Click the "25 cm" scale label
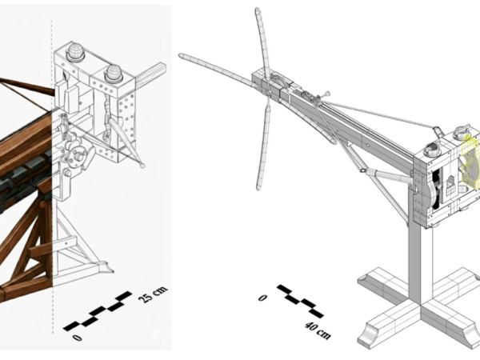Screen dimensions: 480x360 coord(153,294)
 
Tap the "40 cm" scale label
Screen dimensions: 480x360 coord(318,330)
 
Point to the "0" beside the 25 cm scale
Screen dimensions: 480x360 coord(78,338)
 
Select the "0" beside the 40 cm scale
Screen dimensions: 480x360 coord(262,298)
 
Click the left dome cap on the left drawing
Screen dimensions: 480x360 coord(76,52)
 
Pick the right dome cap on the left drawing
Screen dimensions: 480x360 coord(114,74)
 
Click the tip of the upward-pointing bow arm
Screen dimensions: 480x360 coord(258,9)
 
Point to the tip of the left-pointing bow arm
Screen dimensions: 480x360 coord(181,56)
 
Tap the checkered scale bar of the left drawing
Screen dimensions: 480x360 coord(98,311)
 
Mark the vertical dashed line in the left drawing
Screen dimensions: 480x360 coord(52,177)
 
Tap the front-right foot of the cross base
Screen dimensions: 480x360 coord(472,337)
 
